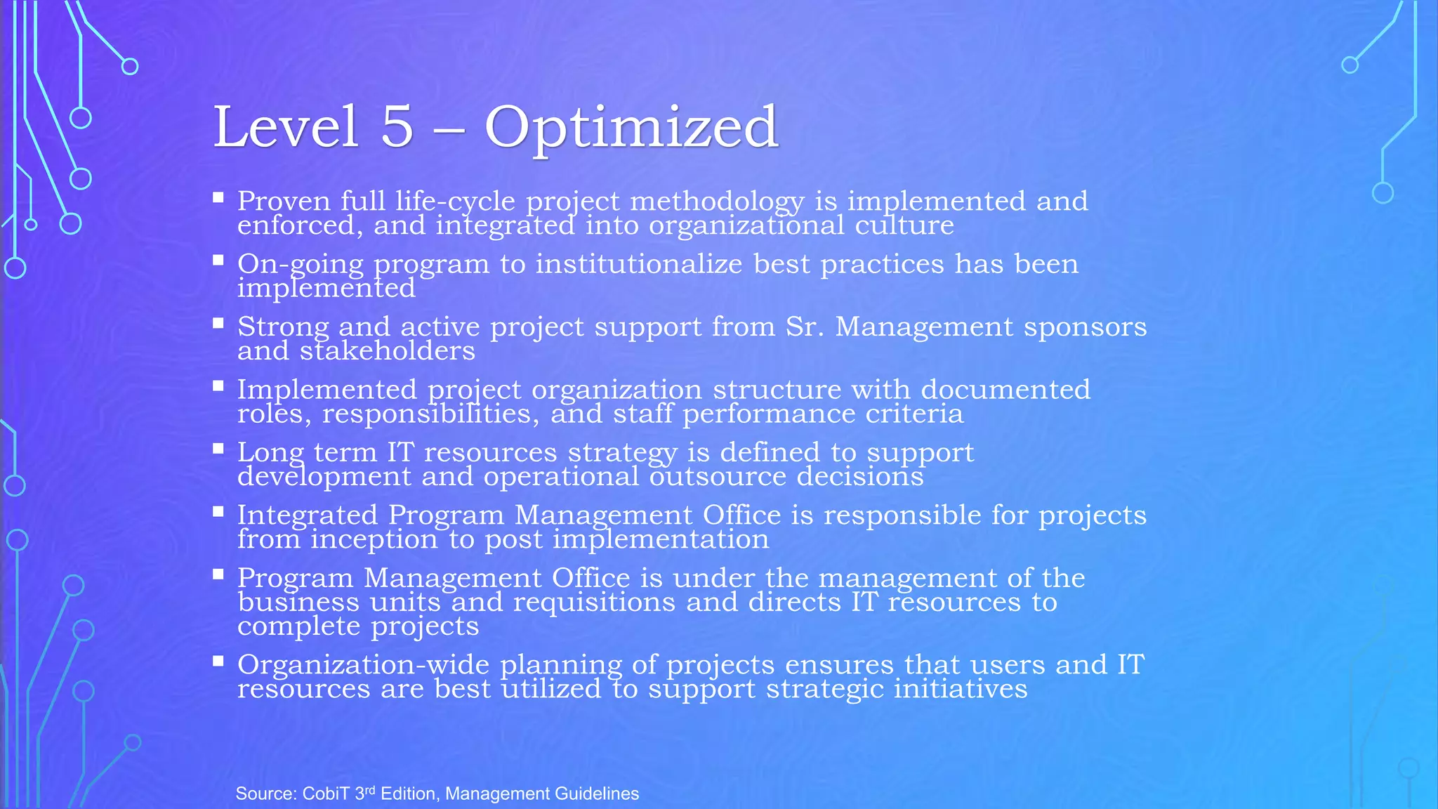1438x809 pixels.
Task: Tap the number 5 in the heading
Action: click(397, 127)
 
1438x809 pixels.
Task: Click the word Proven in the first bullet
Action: click(284, 202)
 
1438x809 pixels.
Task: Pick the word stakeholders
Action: click(388, 350)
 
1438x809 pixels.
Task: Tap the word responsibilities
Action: click(430, 414)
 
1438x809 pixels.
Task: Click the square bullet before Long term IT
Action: click(218, 448)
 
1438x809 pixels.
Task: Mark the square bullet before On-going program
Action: click(218, 260)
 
